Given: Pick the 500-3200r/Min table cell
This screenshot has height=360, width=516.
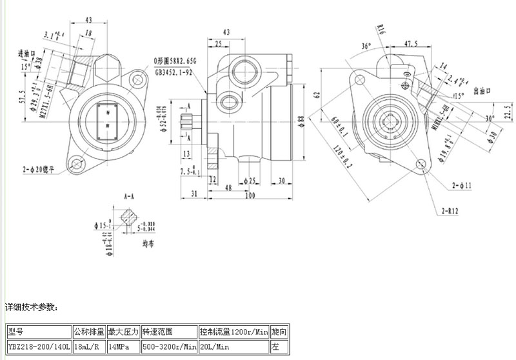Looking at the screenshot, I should click(169, 346).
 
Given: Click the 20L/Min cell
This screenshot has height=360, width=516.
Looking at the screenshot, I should click(215, 346).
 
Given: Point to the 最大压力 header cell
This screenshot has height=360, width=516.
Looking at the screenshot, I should click(123, 332).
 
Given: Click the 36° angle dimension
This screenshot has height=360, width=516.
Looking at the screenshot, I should click(367, 46).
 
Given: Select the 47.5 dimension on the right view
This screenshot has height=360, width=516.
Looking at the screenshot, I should click(411, 44).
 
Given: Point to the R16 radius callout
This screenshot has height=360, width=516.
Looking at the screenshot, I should click(381, 28).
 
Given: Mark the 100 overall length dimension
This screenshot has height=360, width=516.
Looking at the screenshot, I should click(250, 195).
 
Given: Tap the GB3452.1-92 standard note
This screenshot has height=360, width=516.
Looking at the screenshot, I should click(174, 73).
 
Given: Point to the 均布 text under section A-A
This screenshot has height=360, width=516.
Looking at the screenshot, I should click(148, 244).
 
